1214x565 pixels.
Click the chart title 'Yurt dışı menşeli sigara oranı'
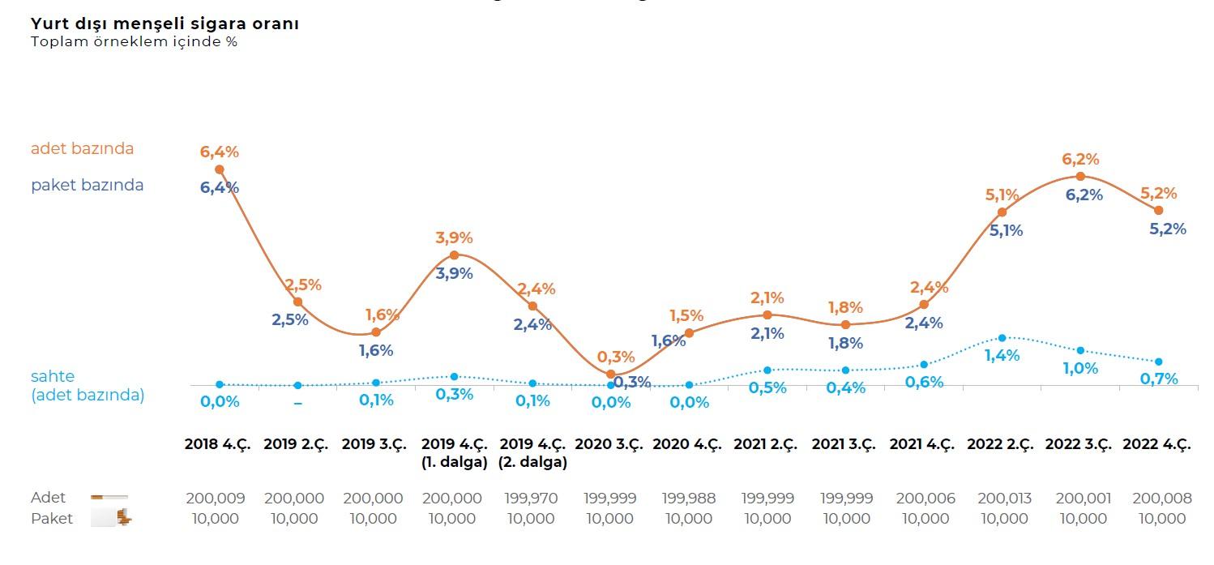165,24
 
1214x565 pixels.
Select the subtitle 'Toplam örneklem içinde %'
134,41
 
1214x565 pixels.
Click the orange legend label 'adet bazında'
82,148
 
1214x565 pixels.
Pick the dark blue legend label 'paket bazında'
87,185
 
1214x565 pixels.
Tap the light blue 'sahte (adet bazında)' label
87,386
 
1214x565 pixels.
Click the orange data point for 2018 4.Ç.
219,169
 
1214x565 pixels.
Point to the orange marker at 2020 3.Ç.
611,374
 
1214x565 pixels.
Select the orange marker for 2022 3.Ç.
1080,176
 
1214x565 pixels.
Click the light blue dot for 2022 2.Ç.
1002,337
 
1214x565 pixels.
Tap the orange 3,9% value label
454,238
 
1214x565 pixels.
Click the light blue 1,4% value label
1002,355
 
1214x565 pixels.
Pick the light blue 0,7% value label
1158,379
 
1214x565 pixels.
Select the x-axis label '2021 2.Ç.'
766,444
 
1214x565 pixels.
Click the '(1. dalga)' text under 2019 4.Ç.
454,463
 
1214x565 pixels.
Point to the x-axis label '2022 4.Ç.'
1156,444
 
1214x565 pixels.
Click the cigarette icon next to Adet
109,497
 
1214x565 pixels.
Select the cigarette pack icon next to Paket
112,518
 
